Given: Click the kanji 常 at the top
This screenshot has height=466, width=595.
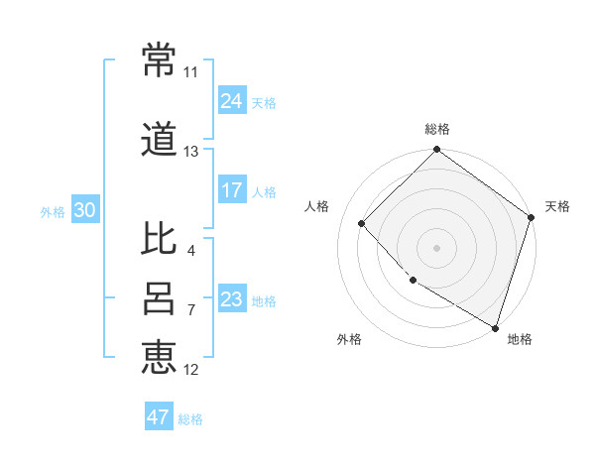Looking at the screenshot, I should [159, 60].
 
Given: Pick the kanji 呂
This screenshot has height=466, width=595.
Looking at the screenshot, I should [159, 298].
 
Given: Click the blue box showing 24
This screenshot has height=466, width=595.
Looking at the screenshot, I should [232, 101].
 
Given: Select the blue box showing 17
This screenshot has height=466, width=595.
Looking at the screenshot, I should [232, 190].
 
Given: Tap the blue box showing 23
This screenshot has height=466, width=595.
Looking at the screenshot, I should [232, 299].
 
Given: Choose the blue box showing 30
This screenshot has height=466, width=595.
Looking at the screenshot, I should [83, 210].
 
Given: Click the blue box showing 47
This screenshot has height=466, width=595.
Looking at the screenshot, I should [159, 417].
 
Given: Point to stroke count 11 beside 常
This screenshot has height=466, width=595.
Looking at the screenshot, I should [190, 72].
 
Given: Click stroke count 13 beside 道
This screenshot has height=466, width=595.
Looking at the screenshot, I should [190, 152].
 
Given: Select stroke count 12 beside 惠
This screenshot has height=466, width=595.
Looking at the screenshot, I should [190, 370].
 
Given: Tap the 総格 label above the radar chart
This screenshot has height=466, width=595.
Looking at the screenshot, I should [436, 129].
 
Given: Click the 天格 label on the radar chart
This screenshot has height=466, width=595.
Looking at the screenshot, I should [557, 206].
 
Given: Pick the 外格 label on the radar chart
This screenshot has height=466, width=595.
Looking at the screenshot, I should [348, 339].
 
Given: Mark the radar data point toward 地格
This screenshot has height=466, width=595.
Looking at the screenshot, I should [495, 327].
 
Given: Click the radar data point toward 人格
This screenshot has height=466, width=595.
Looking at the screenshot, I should [362, 223].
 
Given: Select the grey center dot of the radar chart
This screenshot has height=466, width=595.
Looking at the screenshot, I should [436, 247].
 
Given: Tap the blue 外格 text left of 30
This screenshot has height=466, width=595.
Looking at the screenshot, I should [52, 211].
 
